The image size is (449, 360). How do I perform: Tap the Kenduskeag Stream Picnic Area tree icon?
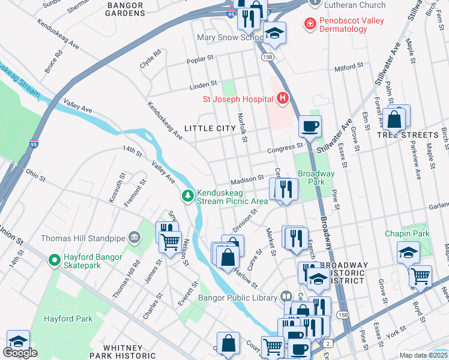pyautogui.click(x=188, y=196)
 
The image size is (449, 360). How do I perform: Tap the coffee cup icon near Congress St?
pyautogui.click(x=310, y=127)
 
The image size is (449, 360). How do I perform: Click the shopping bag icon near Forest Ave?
pyautogui.click(x=395, y=120)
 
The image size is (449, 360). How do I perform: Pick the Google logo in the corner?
pyautogui.click(x=20, y=353)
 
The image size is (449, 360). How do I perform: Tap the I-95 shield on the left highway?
pyautogui.click(x=34, y=145)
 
